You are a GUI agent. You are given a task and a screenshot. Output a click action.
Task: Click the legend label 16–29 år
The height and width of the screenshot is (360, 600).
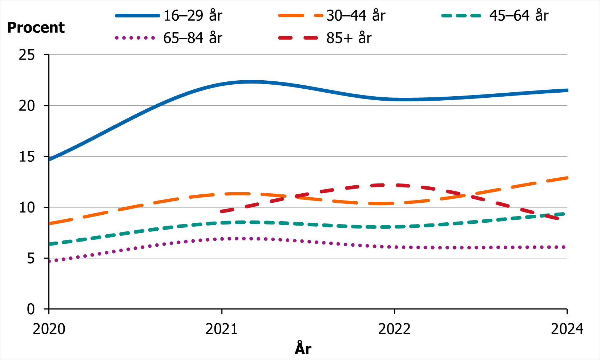[x=193, y=16]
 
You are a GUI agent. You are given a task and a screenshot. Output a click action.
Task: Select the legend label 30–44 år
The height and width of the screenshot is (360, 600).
[x=356, y=16]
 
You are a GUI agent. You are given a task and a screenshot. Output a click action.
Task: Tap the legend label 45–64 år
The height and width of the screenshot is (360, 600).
[x=519, y=16]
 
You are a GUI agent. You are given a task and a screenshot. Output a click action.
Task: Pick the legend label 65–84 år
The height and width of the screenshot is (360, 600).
[x=193, y=38]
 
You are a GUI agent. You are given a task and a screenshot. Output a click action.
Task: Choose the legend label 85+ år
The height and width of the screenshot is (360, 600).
[x=349, y=38]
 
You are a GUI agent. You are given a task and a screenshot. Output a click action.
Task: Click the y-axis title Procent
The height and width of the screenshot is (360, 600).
[x=36, y=28]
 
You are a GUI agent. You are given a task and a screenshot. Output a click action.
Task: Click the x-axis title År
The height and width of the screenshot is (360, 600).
[x=303, y=348]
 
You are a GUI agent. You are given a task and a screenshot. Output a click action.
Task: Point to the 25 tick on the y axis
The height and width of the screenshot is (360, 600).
[x=27, y=55]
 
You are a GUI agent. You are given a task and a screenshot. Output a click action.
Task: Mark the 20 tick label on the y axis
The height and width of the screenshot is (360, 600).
[x=27, y=106]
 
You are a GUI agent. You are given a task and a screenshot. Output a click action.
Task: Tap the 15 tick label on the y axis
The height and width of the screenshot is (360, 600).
[x=27, y=157]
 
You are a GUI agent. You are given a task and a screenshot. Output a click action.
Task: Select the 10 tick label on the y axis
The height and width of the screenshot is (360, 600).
[x=27, y=207]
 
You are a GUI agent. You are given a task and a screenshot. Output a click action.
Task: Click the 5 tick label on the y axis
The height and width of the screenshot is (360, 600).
[x=31, y=258]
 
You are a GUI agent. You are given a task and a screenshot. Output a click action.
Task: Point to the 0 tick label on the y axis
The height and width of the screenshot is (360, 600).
[x=31, y=309]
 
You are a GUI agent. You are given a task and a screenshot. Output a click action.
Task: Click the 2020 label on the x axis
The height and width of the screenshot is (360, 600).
[x=49, y=329]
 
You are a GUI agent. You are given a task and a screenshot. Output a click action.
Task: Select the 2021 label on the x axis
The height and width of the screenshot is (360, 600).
[x=222, y=329]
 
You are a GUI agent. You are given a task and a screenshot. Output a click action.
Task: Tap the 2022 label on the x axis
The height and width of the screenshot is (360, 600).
[x=394, y=329]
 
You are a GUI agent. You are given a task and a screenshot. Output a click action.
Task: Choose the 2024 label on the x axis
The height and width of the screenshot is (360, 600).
[x=567, y=329]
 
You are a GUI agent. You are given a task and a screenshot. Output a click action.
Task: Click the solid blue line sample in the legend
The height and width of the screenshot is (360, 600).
[x=137, y=16]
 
